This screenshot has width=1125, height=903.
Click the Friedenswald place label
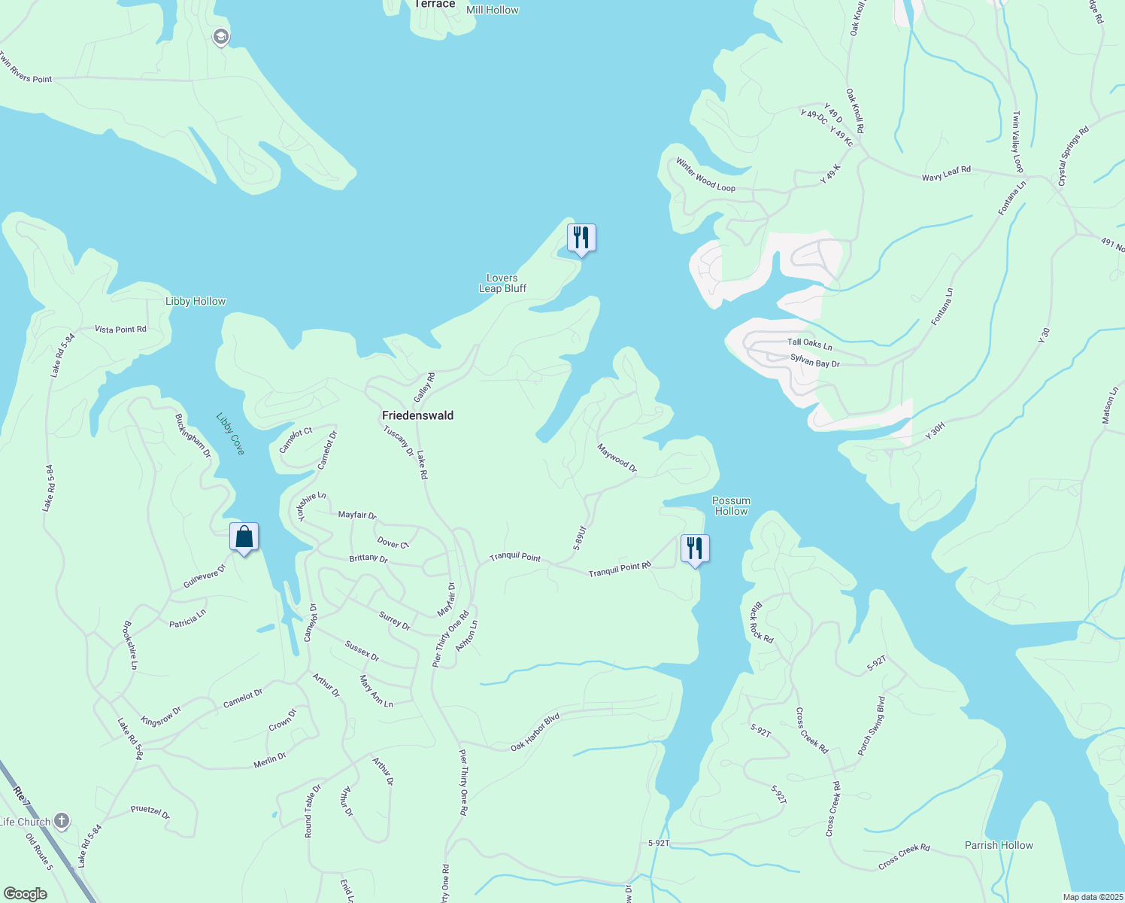tap(417, 415)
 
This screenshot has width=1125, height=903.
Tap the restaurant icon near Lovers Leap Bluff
tap(581, 238)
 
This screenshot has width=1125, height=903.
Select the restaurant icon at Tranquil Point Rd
tap(695, 548)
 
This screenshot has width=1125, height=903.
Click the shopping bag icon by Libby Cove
tap(244, 537)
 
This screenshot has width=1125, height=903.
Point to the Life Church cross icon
tap(62, 821)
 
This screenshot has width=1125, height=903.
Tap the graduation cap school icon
tap(220, 37)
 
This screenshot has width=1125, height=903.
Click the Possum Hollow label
tap(731, 506)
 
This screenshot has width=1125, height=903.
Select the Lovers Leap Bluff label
tap(502, 283)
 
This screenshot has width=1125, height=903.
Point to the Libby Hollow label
tap(196, 301)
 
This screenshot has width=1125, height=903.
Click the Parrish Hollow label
tap(999, 845)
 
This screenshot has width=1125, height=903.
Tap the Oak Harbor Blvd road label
tap(535, 732)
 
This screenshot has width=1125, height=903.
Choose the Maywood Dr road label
tap(617, 458)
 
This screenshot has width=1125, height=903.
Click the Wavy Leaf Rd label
tap(946, 173)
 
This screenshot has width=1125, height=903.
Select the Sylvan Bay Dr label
tap(814, 361)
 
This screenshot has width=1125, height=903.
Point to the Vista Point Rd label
tap(120, 330)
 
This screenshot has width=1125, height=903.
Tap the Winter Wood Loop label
tap(705, 175)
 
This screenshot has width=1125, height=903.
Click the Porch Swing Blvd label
tap(872, 725)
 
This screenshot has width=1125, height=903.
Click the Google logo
tap(25, 894)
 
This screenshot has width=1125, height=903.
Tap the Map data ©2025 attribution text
tap(1092, 897)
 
